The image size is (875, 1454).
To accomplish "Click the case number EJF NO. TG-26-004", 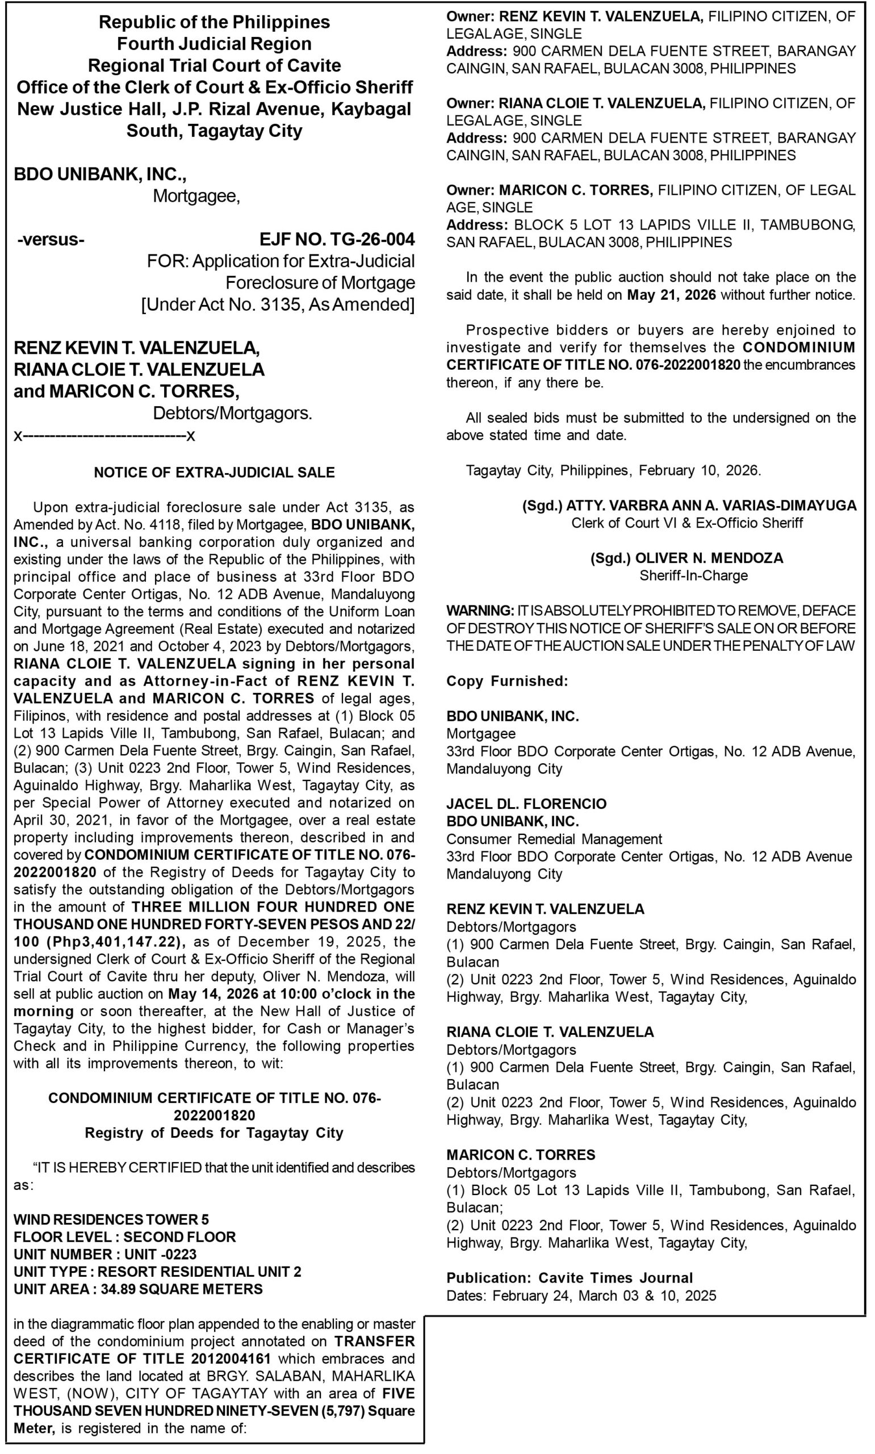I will point(337,239).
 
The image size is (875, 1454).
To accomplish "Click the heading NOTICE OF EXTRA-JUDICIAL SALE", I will point(214,473).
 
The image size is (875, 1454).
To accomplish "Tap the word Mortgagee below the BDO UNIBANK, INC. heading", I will point(196,196).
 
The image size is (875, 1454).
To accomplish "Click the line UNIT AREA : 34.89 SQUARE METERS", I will point(138,1289).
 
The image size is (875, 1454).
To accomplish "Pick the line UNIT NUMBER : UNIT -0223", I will point(105,1254).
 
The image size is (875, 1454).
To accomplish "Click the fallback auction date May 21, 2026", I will point(671,295).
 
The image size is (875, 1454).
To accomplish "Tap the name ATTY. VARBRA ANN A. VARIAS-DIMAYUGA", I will point(711,505).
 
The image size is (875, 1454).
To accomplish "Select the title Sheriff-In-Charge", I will point(693,575).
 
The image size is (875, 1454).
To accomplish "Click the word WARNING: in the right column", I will point(480,610).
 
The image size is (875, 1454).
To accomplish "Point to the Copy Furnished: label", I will point(507,681).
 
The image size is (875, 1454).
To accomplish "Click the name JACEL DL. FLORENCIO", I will point(526,804).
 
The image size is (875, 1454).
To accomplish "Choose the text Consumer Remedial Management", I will point(554,839).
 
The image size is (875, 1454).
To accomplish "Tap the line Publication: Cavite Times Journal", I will point(569,1278).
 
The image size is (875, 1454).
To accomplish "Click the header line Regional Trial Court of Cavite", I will point(214,65).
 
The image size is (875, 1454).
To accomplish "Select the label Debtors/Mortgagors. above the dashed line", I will point(232,413).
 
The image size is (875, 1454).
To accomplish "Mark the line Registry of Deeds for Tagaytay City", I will point(214,1133).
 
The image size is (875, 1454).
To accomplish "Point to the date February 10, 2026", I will point(700,470).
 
